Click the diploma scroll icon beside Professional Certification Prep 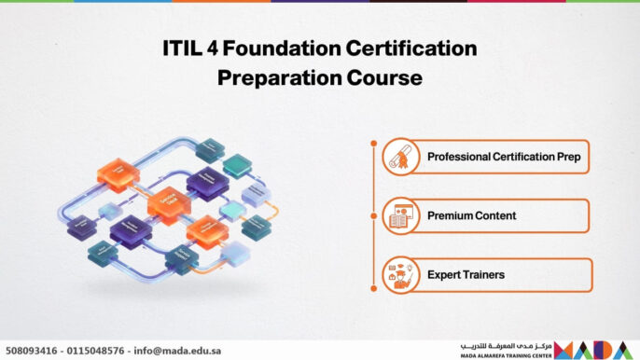coord(402,158)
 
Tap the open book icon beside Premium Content coord(402,216)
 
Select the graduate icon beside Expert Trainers coord(402,275)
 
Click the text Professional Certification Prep coord(504,158)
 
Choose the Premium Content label coord(472,216)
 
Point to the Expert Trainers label coord(466,275)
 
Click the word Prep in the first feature coord(569,158)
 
